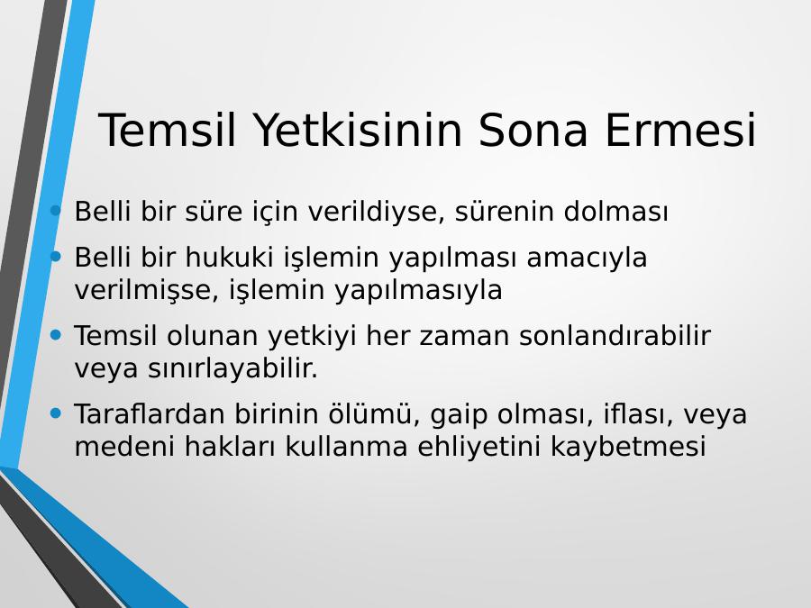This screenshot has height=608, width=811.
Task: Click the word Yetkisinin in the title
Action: pos(357,130)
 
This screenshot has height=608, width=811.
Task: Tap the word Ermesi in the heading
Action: pos(680,130)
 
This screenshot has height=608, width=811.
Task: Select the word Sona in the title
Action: pos(533,130)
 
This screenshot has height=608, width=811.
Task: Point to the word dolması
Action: pos(616,211)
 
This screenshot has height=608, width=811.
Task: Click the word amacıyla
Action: pos(587,258)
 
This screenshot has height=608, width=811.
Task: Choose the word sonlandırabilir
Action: pos(615,336)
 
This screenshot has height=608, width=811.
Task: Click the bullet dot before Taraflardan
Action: pos(56,413)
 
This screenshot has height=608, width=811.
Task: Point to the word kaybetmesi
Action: pos(628,447)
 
